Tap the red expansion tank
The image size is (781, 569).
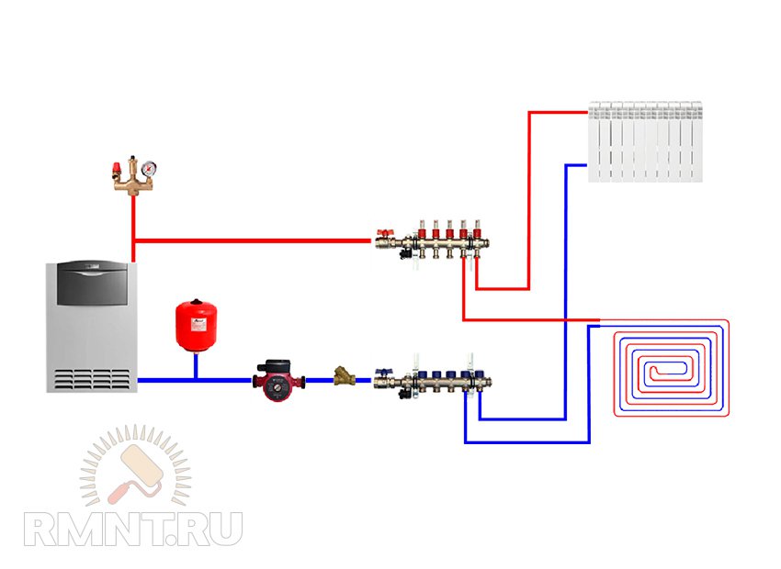(x=195, y=320)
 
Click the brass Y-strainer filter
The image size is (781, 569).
(x=345, y=376)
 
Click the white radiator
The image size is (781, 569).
(x=646, y=140)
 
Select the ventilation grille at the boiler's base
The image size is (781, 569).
(x=91, y=379)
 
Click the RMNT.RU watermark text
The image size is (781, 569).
(x=132, y=530)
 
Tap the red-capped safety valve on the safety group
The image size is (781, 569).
(x=118, y=169)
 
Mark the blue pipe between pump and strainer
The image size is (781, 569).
(x=317, y=380)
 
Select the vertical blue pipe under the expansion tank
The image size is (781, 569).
(x=195, y=365)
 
